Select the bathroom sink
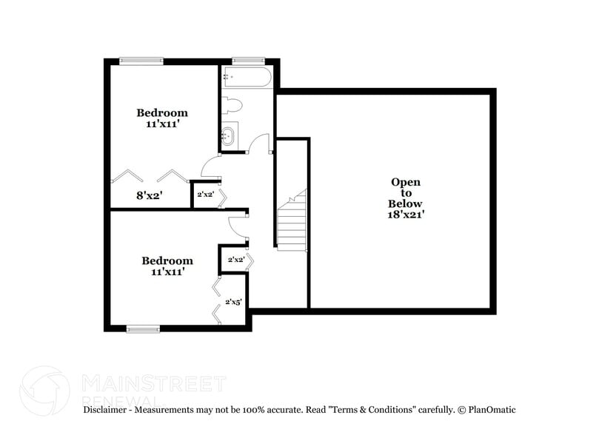click(x=230, y=136)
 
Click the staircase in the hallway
click(x=292, y=222)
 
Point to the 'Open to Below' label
click(x=406, y=192)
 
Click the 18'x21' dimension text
click(x=406, y=215)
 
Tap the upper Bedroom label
click(x=162, y=112)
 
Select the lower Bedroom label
click(x=167, y=260)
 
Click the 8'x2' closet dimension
click(x=149, y=195)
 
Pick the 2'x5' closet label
click(x=233, y=301)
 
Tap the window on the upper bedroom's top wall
click(x=141, y=60)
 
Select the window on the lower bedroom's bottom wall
click(x=143, y=328)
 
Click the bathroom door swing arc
click(x=258, y=144)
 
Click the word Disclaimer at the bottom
click(x=108, y=409)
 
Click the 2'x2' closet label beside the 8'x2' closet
click(x=204, y=195)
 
